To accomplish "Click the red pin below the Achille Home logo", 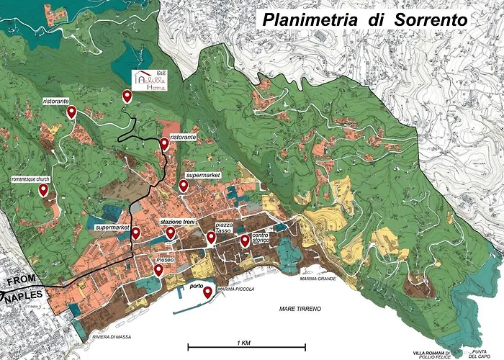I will [x=127, y=96].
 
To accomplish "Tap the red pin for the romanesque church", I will [x=43, y=190].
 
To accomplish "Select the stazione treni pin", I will [x=171, y=233].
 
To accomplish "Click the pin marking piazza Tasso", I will [x=211, y=237].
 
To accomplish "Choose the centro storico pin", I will [x=245, y=240].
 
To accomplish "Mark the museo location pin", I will [x=158, y=270].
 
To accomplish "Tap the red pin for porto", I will [x=207, y=292].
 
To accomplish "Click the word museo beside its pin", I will [x=166, y=260].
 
